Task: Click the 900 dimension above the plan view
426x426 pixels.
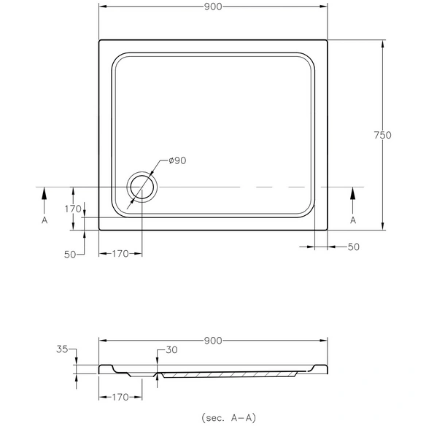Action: pyautogui.click(x=213, y=7)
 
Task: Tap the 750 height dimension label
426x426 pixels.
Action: pyautogui.click(x=382, y=135)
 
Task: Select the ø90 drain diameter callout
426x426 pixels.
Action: pyautogui.click(x=177, y=160)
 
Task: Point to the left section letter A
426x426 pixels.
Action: pyautogui.click(x=44, y=220)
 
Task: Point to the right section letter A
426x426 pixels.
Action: pyautogui.click(x=353, y=220)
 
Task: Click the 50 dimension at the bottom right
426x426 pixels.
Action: pyautogui.click(x=354, y=247)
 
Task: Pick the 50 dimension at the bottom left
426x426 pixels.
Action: pyautogui.click(x=70, y=255)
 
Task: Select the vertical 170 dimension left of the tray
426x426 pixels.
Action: pyautogui.click(x=73, y=209)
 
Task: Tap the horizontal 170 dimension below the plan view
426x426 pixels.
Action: pyautogui.click(x=120, y=254)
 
